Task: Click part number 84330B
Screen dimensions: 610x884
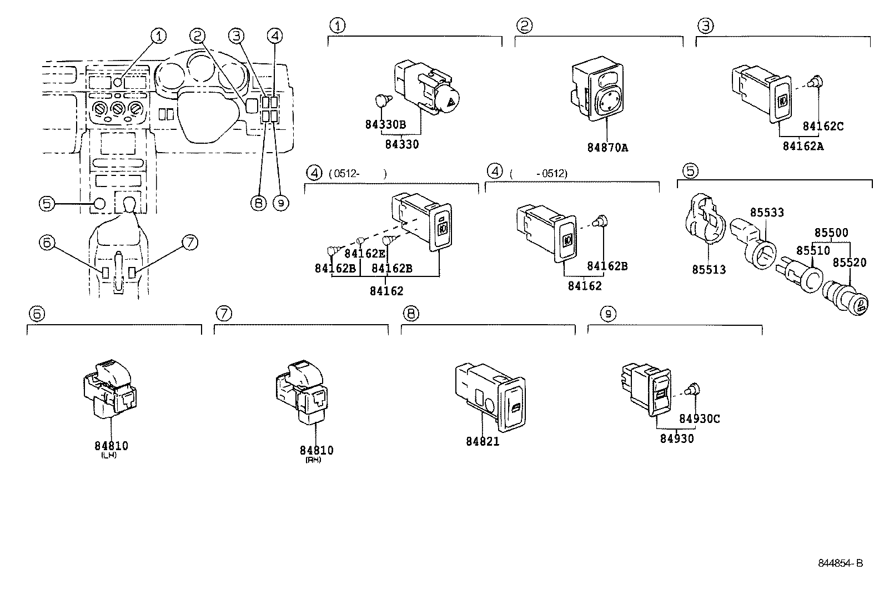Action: [385, 124]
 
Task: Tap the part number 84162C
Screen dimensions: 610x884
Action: [823, 127]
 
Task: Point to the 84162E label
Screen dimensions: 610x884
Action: [364, 254]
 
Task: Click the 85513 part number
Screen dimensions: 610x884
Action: [709, 270]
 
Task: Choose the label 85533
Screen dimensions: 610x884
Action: [767, 213]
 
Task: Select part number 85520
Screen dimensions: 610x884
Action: [849, 263]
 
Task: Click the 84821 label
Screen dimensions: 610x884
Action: [482, 441]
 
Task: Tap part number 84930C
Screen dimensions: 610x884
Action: [699, 419]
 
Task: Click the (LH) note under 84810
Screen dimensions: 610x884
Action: [109, 455]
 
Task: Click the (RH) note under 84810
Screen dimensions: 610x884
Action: [313, 460]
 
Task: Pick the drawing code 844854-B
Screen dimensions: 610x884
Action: [840, 564]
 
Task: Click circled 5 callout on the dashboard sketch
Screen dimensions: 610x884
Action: [47, 204]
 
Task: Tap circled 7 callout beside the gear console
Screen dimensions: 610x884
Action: [189, 243]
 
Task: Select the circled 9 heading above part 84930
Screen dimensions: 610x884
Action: [608, 314]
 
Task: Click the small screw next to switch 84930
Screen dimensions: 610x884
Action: [691, 390]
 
